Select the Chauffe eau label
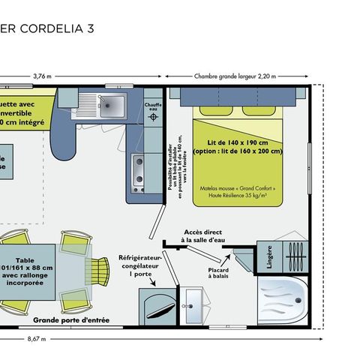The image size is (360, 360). (x=153, y=106)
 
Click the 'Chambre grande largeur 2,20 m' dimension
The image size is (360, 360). (x=235, y=76)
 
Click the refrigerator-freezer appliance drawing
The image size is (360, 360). (x=156, y=306)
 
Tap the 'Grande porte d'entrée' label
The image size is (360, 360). (x=71, y=320)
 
